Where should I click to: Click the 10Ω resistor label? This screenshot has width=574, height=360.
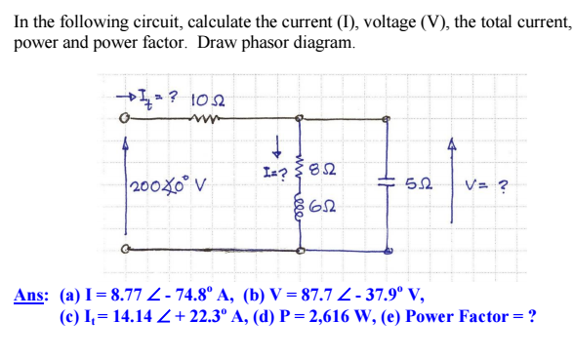pos(210,99)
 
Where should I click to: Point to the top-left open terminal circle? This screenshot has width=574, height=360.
pos(124,121)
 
